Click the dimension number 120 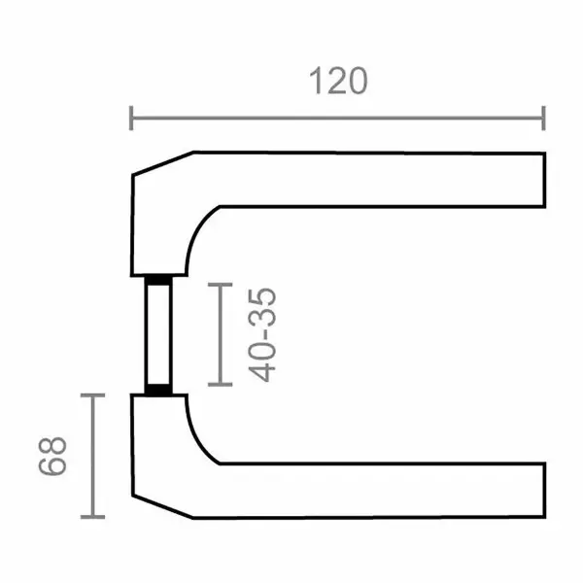coord(339,82)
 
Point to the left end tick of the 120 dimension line coord(131,119)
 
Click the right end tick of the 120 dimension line coord(543,119)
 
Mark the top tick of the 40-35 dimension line coord(222,285)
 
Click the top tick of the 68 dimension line coord(92,395)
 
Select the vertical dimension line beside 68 coord(92,457)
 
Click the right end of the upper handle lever coord(540,179)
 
